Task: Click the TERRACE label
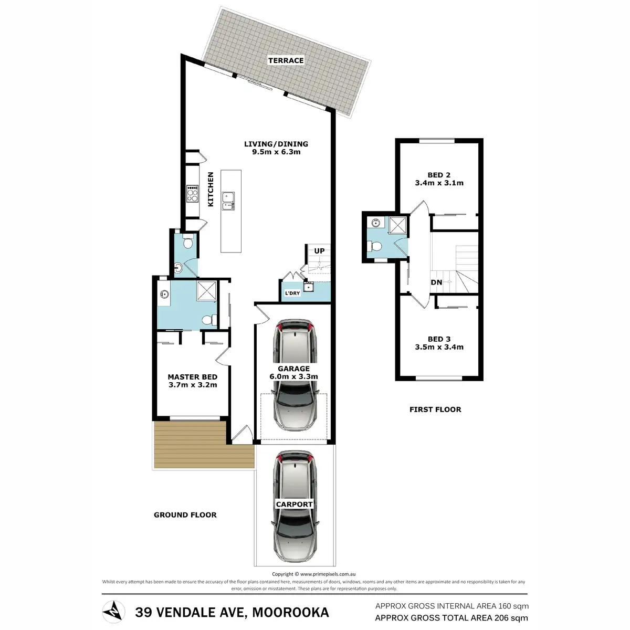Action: tap(286, 60)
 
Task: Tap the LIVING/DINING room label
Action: tap(276, 144)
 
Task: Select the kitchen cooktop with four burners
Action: tap(192, 194)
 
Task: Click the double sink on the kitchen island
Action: tap(228, 202)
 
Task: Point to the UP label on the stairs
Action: tap(319, 251)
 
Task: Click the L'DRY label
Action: tap(292, 293)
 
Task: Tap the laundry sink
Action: tap(308, 287)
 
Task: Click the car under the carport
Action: tap(295, 506)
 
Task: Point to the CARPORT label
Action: tap(294, 504)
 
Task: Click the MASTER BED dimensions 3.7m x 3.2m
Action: tap(193, 385)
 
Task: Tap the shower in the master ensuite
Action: tap(206, 291)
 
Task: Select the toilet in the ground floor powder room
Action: tap(187, 241)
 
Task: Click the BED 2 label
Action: tap(439, 175)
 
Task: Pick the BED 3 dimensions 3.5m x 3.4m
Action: tap(439, 347)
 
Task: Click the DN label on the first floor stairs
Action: tap(436, 282)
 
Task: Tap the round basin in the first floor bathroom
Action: tap(376, 223)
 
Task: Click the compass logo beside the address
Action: tap(113, 612)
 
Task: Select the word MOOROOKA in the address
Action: tap(291, 612)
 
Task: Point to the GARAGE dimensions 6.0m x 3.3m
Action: tap(293, 376)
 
